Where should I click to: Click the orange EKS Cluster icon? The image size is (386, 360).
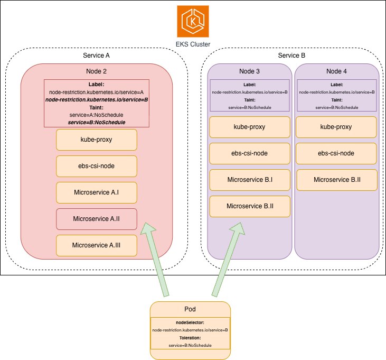tap(193, 22)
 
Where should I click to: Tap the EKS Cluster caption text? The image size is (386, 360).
tap(193, 44)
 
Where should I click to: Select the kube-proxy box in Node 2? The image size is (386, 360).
tap(97, 140)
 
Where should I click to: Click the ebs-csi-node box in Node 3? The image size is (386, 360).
tap(250, 153)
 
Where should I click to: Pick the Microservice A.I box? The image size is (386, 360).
tap(97, 192)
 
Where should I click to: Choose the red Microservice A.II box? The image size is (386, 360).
tap(97, 219)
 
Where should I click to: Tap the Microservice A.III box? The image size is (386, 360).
tap(97, 245)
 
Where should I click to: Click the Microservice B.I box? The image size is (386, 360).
tap(250, 180)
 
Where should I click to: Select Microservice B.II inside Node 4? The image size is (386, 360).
tap(337, 180)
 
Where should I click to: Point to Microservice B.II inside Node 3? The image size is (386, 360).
tap(250, 206)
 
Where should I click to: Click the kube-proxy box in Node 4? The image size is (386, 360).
tap(336, 127)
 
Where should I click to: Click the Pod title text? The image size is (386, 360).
tap(190, 309)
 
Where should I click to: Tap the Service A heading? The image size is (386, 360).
tap(96, 56)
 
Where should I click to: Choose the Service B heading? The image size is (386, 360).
tap(291, 56)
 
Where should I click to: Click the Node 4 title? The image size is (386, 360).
tap(336, 71)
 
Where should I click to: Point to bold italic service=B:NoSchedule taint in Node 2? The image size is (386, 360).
tap(97, 123)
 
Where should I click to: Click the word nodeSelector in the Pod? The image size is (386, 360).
tap(190, 322)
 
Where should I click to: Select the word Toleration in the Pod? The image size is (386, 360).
tap(190, 338)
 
